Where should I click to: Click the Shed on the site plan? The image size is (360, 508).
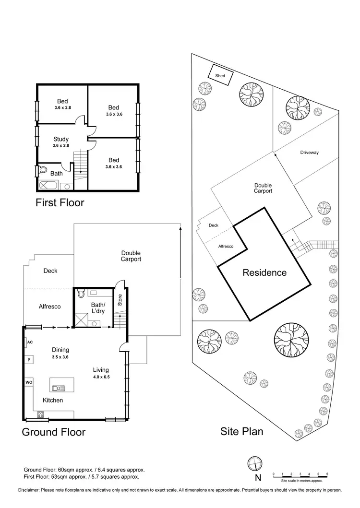click(x=220, y=75)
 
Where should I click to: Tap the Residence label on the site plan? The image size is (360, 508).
click(x=264, y=272)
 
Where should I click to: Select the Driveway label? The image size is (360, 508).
click(x=310, y=153)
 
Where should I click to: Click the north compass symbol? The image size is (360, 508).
click(x=254, y=464)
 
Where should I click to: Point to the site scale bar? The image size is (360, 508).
click(x=300, y=476)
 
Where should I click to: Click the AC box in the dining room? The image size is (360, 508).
click(x=29, y=343)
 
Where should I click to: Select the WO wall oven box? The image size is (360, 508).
click(x=29, y=382)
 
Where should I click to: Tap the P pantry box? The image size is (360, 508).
click(x=29, y=360)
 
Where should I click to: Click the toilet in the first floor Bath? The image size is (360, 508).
click(x=43, y=170)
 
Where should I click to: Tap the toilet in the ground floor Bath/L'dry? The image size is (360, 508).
click(x=81, y=292)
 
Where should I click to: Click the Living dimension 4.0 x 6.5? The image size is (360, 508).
click(x=101, y=377)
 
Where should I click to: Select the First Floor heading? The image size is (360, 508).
click(x=60, y=202)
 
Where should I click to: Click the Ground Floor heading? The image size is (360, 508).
click(x=54, y=432)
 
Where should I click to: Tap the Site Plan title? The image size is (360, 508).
click(x=242, y=431)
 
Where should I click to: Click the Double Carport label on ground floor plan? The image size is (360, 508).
click(x=131, y=256)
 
